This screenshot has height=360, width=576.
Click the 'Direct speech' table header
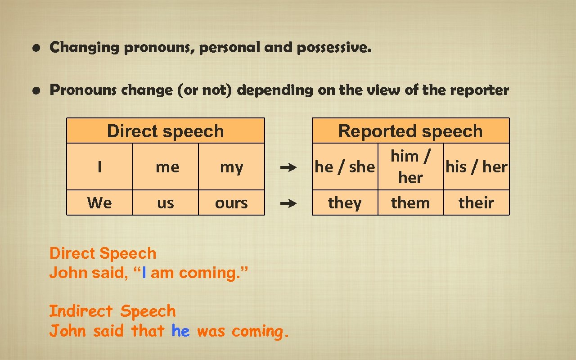[165, 131]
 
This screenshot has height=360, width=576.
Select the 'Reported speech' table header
[410, 131]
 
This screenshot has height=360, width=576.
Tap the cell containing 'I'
[99, 167]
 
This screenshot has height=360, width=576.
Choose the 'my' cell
[231, 167]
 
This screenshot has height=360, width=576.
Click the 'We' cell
[99, 203]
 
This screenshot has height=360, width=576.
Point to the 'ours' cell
[231, 203]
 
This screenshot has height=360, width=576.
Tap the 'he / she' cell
[345, 167]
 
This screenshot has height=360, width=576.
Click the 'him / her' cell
[410, 166]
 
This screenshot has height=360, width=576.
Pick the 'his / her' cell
[477, 167]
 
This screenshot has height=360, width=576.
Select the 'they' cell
[345, 203]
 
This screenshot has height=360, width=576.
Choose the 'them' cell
[410, 203]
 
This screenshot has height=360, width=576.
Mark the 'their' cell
[477, 203]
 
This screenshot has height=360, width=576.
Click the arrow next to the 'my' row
[288, 168]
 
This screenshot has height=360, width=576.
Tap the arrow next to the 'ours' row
[288, 203]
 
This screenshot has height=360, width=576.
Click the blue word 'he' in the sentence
[180, 331]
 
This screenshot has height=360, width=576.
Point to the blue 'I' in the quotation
[144, 273]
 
